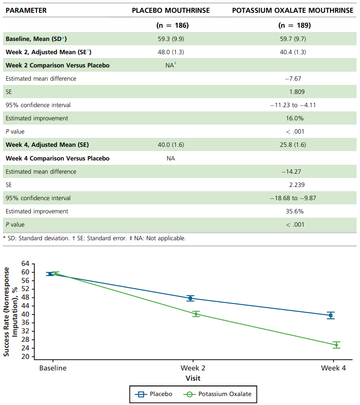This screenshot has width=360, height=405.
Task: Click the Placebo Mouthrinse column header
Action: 171,10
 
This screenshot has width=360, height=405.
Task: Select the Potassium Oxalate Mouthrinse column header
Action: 293,10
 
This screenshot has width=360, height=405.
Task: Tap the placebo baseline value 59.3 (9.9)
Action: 171,39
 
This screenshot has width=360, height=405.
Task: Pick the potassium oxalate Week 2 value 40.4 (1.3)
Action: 293,52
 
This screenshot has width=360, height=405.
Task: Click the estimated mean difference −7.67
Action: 293,79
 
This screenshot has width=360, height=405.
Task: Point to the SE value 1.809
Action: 297,92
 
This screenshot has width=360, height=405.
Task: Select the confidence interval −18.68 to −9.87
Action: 293,198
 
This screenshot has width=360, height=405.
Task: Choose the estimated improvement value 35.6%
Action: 295,211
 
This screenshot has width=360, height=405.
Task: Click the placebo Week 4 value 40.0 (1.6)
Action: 171,145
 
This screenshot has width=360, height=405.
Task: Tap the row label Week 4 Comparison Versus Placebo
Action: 57,158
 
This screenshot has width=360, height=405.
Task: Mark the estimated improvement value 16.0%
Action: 295,118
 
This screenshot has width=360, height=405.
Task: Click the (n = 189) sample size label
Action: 294,25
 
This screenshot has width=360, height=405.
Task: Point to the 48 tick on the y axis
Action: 25,297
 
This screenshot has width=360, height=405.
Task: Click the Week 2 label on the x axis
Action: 193,368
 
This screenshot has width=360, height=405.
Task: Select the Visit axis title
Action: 193,379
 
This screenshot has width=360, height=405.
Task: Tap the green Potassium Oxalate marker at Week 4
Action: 336,345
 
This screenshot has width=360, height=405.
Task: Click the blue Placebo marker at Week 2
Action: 190,298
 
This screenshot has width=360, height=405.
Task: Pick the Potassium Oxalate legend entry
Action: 217,394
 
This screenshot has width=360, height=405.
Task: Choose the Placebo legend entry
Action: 153,394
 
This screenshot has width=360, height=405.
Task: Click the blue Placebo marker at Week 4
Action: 331,315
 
